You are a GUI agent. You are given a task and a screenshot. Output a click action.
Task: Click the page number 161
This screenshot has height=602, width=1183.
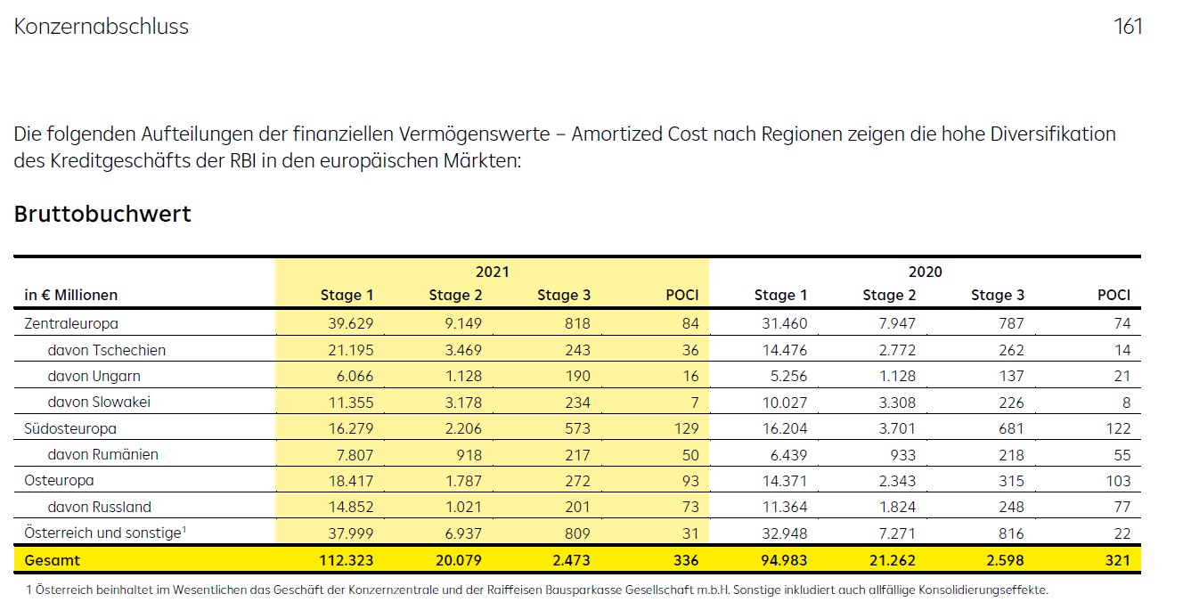[1128, 27]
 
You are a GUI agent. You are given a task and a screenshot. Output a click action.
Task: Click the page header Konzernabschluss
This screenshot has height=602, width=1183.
[102, 27]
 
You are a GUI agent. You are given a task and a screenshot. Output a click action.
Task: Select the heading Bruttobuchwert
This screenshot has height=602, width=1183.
[102, 215]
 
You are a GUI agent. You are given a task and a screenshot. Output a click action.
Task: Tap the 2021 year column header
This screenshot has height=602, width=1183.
[493, 272]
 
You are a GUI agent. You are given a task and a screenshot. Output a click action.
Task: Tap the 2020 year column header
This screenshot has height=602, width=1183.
[926, 272]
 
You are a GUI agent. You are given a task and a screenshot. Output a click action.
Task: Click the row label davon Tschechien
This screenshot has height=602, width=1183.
[107, 350]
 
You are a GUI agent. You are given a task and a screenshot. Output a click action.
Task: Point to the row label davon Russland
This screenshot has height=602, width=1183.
[100, 508]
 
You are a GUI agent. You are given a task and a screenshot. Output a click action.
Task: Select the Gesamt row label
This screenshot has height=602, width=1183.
[53, 560]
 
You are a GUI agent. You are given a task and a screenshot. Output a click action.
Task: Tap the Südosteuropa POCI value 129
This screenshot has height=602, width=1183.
[685, 428]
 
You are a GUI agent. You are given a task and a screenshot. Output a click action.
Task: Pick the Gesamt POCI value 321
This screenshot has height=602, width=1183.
[1116, 560]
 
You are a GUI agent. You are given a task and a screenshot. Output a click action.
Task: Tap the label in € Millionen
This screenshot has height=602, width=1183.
[70, 296]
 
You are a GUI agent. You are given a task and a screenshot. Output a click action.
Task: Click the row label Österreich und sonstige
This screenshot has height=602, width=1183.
[103, 534]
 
